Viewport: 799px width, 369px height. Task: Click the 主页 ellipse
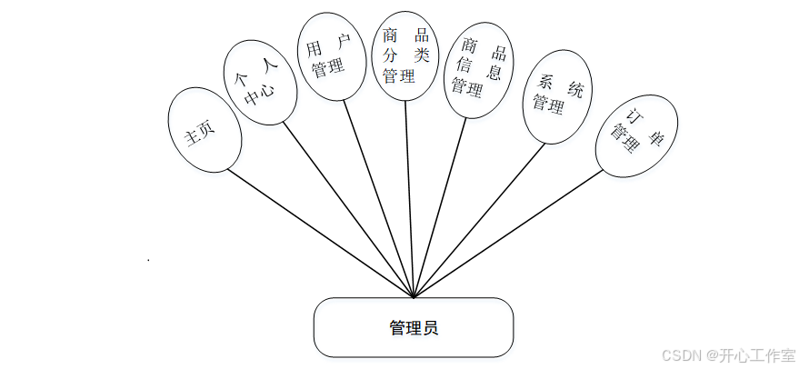tap(205, 130)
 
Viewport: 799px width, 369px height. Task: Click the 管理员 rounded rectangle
tap(414, 327)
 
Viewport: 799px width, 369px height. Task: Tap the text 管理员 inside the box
tap(414, 327)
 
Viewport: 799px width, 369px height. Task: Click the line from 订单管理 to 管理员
tap(509, 234)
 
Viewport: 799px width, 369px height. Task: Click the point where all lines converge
tap(414, 296)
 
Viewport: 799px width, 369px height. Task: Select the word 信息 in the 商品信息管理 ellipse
tap(476, 71)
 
